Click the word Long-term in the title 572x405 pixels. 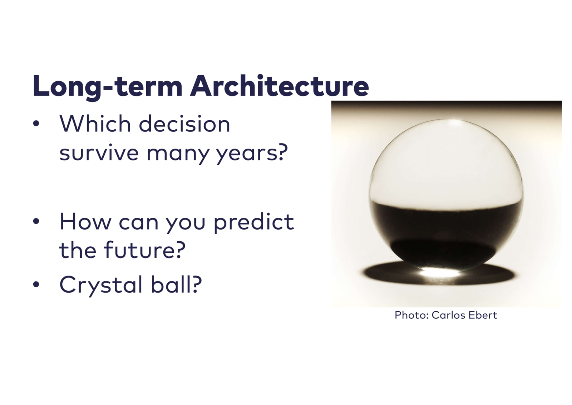click(108, 87)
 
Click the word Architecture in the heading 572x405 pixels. click(280, 86)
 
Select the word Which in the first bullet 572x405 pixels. click(95, 124)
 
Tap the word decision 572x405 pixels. click(184, 124)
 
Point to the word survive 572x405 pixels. click(99, 153)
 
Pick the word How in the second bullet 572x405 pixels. click(85, 222)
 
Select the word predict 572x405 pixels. click(254, 222)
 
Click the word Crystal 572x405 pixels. click(101, 285)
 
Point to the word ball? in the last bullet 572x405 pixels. click(176, 284)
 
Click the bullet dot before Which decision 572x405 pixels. click(36, 124)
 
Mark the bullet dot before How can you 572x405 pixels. click(36, 221)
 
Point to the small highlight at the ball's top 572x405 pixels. click(454, 123)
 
